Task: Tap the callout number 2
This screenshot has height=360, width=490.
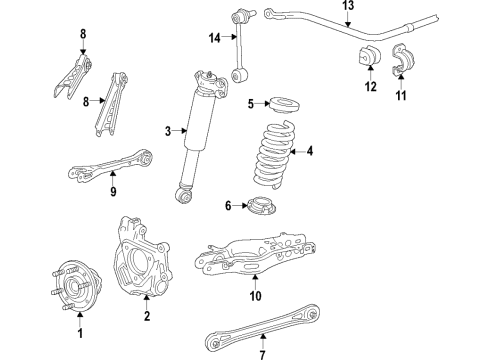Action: pos(146,317)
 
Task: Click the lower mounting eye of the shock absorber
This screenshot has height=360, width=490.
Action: pos(184,195)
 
